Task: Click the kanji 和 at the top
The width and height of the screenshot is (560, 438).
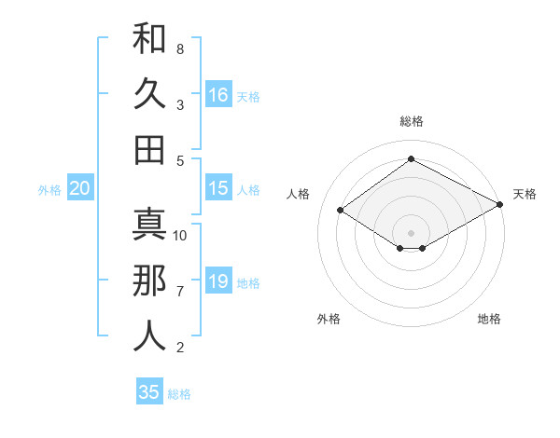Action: tap(149, 39)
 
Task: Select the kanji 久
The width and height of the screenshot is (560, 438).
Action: tap(149, 95)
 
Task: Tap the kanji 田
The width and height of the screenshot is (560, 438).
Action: tap(149, 150)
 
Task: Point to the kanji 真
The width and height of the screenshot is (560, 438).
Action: tap(149, 224)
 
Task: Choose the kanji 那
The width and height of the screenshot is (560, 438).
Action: tap(149, 281)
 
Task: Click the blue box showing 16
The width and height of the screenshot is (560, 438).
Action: tap(218, 94)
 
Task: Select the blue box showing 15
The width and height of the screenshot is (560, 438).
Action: tap(218, 188)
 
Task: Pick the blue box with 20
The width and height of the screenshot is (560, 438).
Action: tap(79, 188)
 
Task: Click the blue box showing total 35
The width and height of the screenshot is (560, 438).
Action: tap(149, 392)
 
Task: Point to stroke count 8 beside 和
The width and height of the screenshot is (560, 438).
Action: tap(179, 48)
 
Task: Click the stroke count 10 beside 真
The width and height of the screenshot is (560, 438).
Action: tap(180, 235)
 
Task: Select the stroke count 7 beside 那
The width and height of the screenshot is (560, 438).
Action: tap(179, 292)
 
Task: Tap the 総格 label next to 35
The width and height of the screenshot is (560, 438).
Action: tap(179, 394)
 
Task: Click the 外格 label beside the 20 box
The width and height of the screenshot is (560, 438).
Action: tap(49, 190)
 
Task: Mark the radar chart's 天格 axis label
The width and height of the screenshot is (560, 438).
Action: tap(525, 194)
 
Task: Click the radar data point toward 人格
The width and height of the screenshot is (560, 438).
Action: tap(341, 211)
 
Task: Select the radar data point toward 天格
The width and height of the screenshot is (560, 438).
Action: tap(500, 204)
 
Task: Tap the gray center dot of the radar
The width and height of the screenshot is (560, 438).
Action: tap(411, 232)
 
